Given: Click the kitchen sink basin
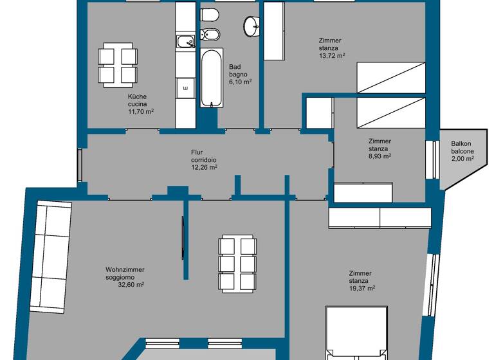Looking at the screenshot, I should coord(185,42).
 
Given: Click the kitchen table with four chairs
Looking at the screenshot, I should coord(118,66).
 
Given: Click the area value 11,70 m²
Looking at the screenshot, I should coord(141,111).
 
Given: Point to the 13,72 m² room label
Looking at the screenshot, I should coord(332,56).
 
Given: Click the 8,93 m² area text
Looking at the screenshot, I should coord(380,156).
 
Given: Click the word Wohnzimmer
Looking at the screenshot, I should coord(125,270).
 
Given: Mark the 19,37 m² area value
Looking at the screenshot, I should coord(361,289).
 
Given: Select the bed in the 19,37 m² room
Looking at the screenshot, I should coord(357,334).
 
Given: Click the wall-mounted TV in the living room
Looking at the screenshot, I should coord(183,238).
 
